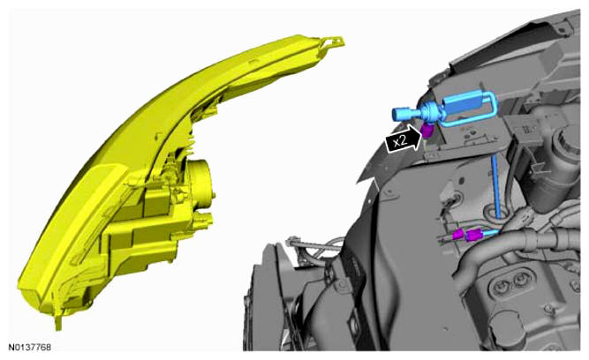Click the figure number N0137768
pyautogui.click(x=30, y=347)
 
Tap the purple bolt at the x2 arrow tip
pyautogui.click(x=427, y=130)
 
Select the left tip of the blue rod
pyautogui.click(x=394, y=114)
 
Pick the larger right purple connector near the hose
pyautogui.click(x=473, y=236)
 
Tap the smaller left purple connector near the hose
pyautogui.click(x=459, y=236)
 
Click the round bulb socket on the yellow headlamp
pyautogui.click(x=201, y=184)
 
